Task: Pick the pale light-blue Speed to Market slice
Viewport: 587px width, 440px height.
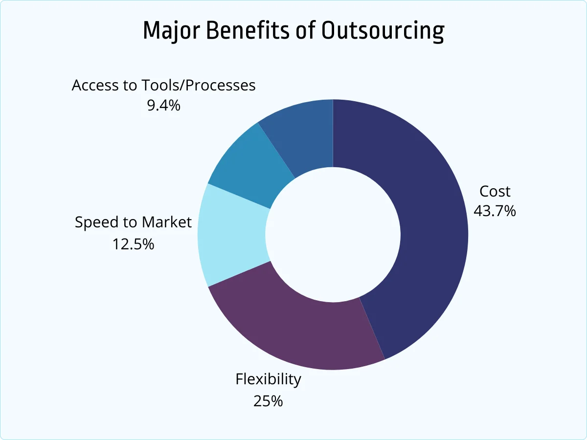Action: pyautogui.click(x=232, y=235)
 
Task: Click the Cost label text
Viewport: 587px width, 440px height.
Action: pyautogui.click(x=495, y=191)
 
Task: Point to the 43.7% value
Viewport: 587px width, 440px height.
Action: pyautogui.click(x=495, y=211)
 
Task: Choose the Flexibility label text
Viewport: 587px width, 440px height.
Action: pyautogui.click(x=268, y=379)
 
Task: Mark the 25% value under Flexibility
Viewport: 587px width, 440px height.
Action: pyautogui.click(x=268, y=401)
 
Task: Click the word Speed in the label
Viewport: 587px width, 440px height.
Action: pyautogui.click(x=96, y=223)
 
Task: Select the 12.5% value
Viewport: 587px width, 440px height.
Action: pyautogui.click(x=133, y=243)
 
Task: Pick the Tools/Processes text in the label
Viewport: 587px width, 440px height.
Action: pyautogui.click(x=199, y=86)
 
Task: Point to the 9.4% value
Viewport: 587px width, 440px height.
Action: pyautogui.click(x=163, y=105)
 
